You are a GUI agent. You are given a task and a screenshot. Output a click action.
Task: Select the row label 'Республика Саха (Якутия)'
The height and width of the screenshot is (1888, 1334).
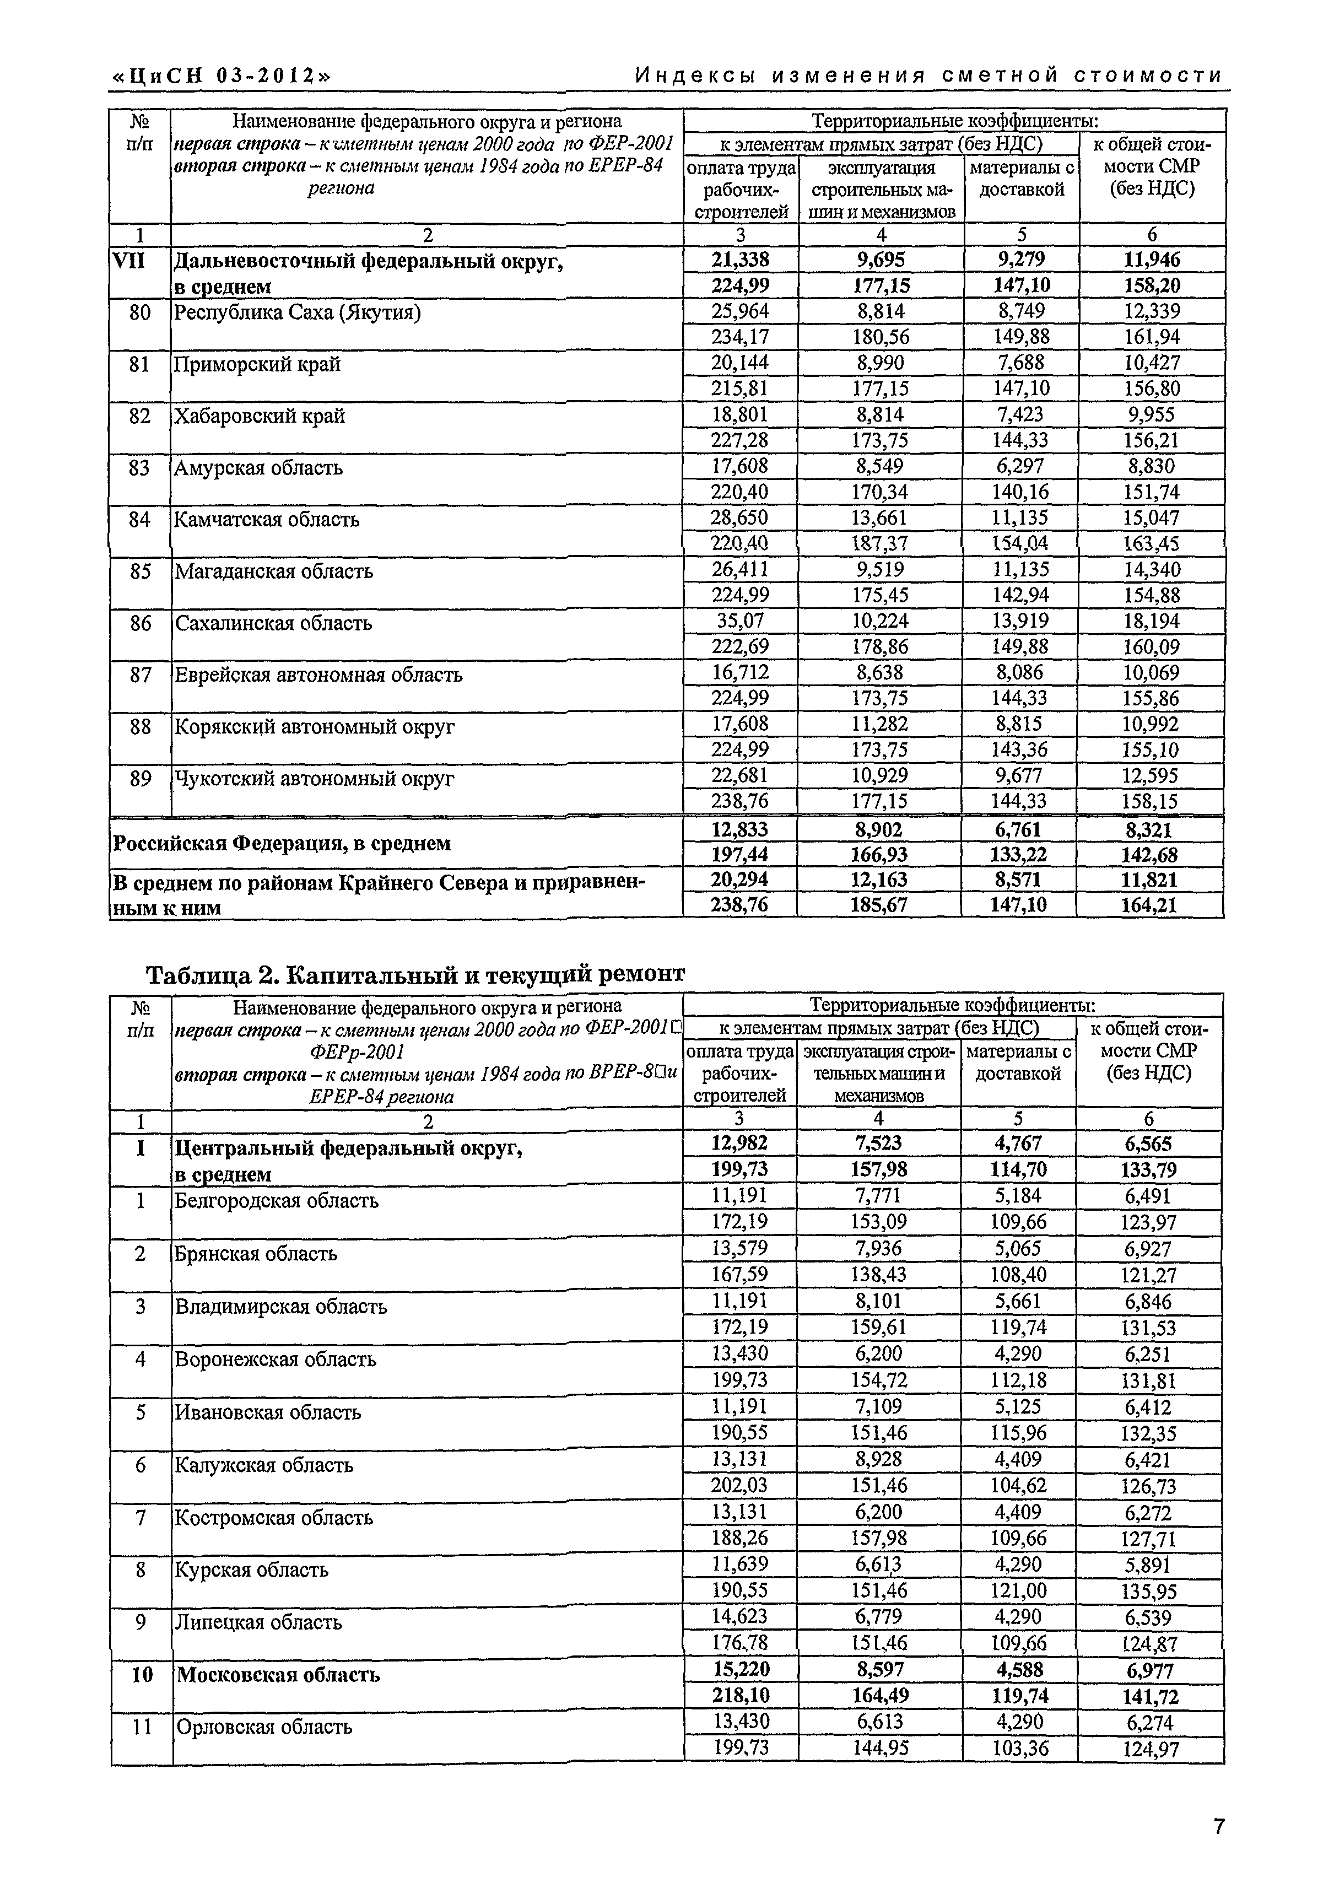[297, 312]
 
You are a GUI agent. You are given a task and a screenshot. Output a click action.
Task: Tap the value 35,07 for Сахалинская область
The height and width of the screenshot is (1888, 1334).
[740, 621]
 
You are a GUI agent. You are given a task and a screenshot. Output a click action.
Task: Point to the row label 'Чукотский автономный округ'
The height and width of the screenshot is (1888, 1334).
[314, 778]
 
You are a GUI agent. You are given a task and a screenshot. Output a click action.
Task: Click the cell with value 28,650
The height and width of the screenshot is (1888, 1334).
[740, 518]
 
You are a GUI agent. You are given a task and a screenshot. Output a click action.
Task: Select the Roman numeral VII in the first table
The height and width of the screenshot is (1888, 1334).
[128, 261]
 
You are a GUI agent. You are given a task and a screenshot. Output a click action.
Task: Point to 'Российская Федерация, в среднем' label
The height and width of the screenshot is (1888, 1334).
[281, 843]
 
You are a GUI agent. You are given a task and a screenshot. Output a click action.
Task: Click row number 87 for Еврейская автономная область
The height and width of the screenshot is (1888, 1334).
[141, 675]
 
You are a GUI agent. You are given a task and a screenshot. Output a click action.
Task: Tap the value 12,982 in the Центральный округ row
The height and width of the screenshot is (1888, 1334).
[739, 1143]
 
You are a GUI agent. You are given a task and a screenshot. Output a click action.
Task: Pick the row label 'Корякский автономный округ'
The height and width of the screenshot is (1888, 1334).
[314, 727]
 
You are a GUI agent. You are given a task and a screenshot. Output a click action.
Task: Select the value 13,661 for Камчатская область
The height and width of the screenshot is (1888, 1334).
[879, 518]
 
